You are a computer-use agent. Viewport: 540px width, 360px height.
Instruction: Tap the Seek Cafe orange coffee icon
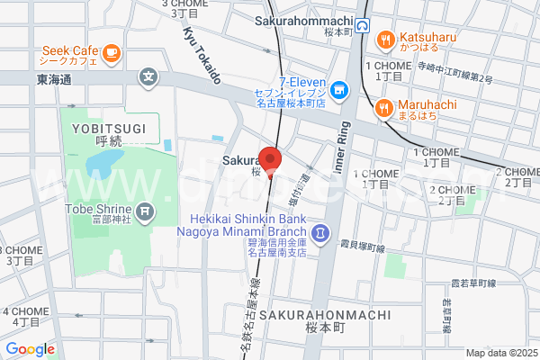click(112, 53)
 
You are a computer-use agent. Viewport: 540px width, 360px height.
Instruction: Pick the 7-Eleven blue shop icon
click(338, 89)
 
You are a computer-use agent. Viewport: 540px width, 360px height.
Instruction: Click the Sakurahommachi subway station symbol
click(362, 26)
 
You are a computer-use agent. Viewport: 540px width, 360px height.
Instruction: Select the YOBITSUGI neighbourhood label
click(106, 129)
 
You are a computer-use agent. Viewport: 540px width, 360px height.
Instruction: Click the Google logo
click(30, 349)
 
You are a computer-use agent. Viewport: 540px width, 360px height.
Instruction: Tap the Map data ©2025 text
click(499, 353)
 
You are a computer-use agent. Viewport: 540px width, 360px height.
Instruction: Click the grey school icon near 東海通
click(148, 78)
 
